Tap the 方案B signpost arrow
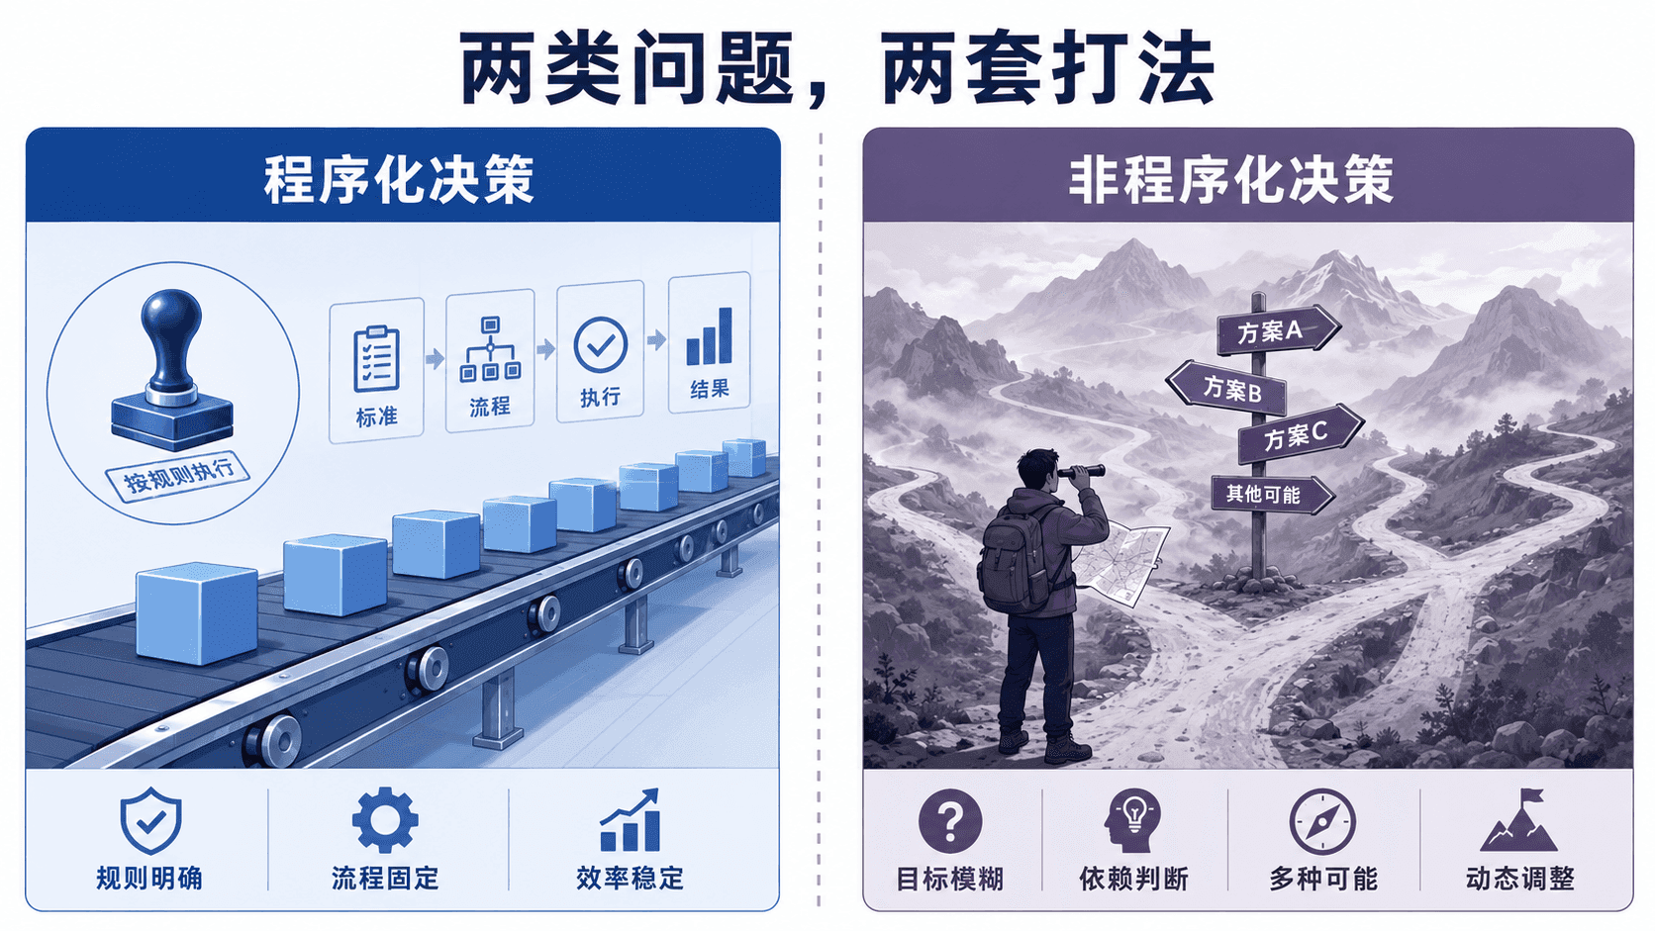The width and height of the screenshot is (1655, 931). (x=1226, y=387)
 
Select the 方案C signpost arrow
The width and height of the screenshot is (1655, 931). (x=1301, y=434)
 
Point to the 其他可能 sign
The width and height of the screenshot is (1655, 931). (x=1272, y=494)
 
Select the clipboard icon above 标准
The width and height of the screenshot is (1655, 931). (x=377, y=358)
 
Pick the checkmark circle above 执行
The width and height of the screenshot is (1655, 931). (x=601, y=344)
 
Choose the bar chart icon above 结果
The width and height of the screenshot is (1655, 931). (x=710, y=336)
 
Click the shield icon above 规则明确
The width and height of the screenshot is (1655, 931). (x=150, y=820)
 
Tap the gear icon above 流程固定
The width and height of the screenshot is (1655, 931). (x=385, y=820)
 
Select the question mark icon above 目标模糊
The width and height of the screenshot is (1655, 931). (x=950, y=821)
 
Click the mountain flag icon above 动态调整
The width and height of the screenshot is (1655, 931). (x=1519, y=820)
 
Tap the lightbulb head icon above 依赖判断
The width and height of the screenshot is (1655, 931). (x=1132, y=820)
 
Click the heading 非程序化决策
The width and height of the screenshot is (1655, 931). (x=1231, y=179)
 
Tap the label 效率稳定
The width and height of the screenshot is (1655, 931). (x=631, y=879)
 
